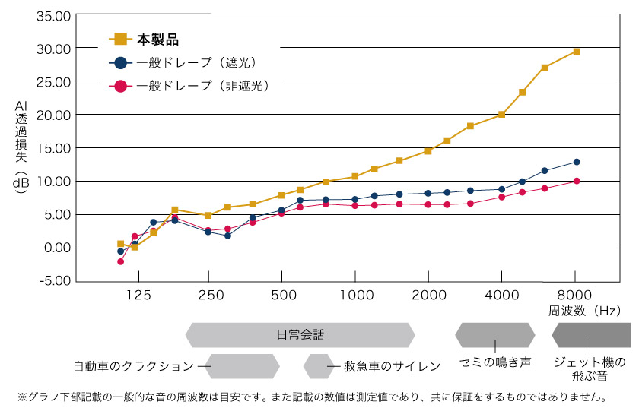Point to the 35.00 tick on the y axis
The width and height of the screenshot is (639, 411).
point(52,15)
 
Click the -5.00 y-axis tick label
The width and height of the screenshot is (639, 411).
point(52,281)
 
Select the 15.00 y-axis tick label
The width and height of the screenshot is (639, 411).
point(52,148)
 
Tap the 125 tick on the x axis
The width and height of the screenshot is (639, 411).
point(138,296)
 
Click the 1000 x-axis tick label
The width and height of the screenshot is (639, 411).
point(355,296)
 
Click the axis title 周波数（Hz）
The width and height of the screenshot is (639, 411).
point(584,311)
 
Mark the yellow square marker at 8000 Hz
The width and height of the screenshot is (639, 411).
point(577,52)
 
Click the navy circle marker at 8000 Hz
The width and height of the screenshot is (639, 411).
point(577,162)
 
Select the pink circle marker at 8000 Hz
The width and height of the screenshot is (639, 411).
point(577,181)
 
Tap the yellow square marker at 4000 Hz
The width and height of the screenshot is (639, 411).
point(502,115)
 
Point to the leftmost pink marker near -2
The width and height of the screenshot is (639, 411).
point(120,261)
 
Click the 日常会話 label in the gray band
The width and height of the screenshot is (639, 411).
point(300,335)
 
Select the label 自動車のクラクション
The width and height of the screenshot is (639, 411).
point(134,366)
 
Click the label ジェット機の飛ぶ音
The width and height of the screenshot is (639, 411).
point(590,369)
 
